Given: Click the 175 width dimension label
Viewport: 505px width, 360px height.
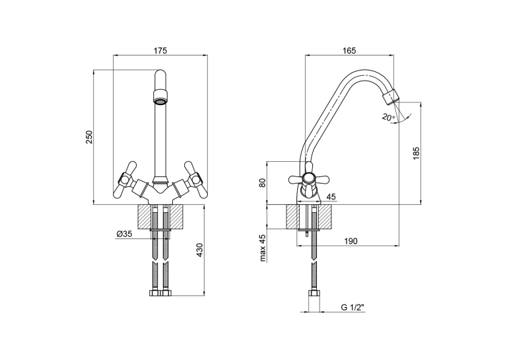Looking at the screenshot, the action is pyautogui.click(x=160, y=51).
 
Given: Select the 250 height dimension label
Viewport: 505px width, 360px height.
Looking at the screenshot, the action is pyautogui.click(x=89, y=137).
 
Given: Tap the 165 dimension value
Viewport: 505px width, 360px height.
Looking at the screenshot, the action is pyautogui.click(x=349, y=51).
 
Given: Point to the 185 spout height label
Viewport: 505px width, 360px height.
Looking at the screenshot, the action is pyautogui.click(x=417, y=153).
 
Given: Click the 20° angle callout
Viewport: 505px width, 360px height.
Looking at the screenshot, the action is pyautogui.click(x=388, y=117).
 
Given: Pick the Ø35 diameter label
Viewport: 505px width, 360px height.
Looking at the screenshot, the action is pyautogui.click(x=124, y=234).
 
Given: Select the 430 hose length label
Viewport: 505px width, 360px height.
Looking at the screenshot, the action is pyautogui.click(x=199, y=250).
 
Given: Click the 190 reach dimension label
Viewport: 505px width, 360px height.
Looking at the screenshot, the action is pyautogui.click(x=351, y=241).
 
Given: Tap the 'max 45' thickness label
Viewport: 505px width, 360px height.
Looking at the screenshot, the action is pyautogui.click(x=263, y=248).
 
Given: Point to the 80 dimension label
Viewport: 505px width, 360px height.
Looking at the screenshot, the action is pyautogui.click(x=263, y=183).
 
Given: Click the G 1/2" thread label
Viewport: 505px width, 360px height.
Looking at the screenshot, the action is pyautogui.click(x=353, y=307).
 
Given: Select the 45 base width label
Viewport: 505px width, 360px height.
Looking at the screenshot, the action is pyautogui.click(x=331, y=197).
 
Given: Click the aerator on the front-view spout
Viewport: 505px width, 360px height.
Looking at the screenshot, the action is pyautogui.click(x=160, y=97).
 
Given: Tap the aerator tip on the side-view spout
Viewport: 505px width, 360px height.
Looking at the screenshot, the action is pyautogui.click(x=390, y=97).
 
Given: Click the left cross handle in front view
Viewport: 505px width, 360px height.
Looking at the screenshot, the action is pyautogui.click(x=124, y=180).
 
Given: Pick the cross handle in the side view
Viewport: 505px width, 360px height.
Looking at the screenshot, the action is pyautogui.click(x=308, y=179).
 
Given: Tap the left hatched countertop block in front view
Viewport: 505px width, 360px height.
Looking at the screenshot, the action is pyautogui.click(x=145, y=217).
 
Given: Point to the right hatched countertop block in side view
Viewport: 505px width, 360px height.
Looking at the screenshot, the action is pyautogui.click(x=325, y=217).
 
